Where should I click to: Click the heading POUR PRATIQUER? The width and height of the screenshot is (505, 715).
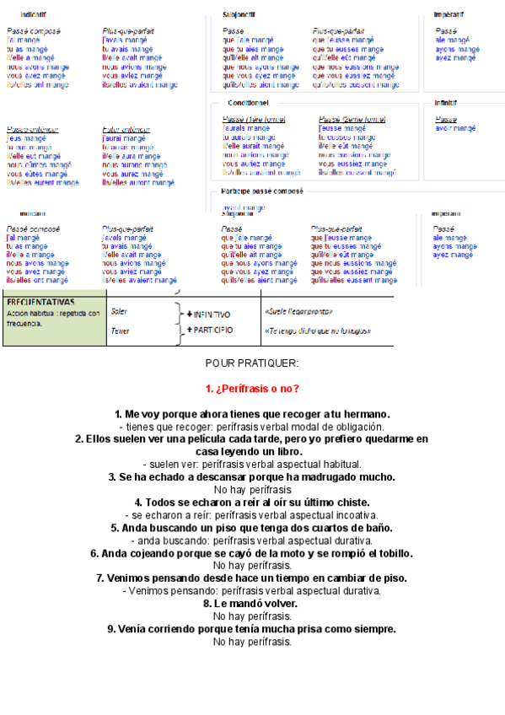pos(251,363)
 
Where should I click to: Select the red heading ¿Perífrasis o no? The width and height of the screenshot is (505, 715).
pos(252,389)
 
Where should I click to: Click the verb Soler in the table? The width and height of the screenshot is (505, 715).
pos(119,311)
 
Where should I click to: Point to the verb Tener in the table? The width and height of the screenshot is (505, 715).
pos(120,331)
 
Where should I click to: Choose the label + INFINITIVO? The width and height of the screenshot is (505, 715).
pos(207,314)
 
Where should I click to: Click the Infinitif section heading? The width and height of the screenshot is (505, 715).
pos(446,103)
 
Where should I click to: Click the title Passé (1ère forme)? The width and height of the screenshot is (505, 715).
pos(254,120)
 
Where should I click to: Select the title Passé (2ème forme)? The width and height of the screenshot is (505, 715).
pos(352,120)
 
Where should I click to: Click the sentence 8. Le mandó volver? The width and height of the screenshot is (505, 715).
pos(252,604)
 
